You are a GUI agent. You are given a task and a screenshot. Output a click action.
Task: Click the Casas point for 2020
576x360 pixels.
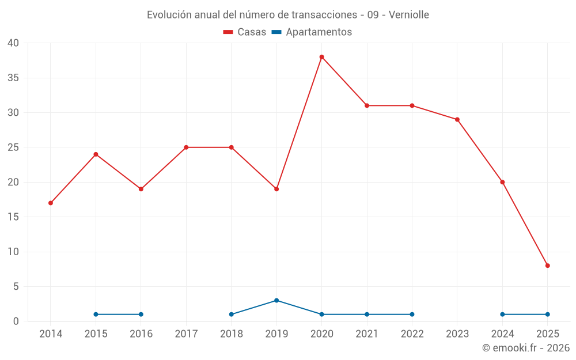click(321, 57)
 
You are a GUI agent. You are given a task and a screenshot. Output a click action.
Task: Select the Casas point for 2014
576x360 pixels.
click(51, 203)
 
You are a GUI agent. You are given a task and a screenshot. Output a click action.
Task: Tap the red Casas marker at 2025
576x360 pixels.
click(547, 266)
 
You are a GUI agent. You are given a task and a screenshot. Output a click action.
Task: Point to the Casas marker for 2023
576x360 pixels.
click(457, 119)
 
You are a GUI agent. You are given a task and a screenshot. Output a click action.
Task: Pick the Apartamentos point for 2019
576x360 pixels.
click(276, 300)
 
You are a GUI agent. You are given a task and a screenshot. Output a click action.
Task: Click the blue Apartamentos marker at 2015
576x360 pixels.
click(96, 314)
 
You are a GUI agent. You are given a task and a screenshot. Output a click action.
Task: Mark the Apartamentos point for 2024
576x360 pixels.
click(502, 314)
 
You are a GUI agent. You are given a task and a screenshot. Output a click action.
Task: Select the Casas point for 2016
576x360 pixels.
click(141, 189)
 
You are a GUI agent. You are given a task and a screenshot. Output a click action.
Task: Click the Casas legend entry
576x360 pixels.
click(245, 32)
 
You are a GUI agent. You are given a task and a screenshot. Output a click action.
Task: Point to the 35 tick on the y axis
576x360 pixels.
click(13, 78)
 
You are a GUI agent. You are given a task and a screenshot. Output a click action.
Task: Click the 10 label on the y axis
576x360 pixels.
click(13, 252)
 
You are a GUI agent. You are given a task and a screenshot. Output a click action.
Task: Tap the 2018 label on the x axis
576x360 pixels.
click(231, 334)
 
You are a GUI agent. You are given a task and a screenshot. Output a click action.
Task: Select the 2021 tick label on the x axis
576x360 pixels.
click(367, 334)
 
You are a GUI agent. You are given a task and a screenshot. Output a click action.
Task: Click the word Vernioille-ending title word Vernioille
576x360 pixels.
click(409, 15)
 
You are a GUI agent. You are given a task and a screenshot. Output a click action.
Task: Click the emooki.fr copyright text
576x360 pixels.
click(526, 348)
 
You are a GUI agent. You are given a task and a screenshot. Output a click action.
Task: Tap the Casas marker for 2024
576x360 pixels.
click(502, 182)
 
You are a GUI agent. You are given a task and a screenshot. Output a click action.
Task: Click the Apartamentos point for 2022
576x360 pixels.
click(412, 314)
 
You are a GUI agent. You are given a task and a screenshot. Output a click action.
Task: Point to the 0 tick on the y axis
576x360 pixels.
click(16, 321)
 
